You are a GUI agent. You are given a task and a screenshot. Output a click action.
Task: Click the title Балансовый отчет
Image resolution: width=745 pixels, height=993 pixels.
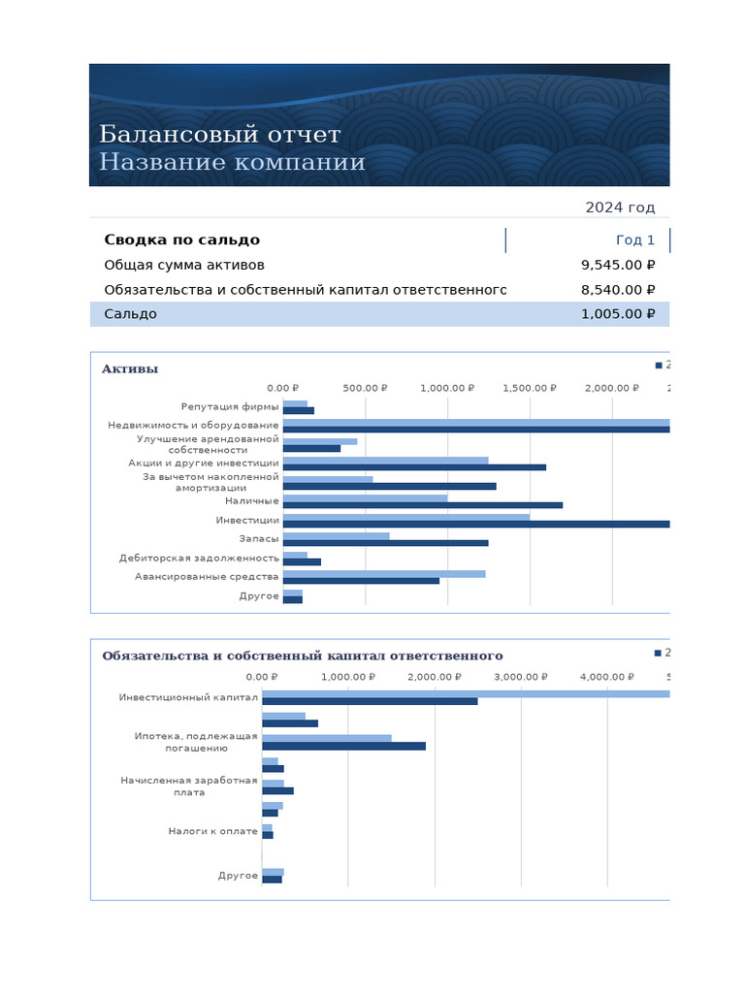tap(219, 134)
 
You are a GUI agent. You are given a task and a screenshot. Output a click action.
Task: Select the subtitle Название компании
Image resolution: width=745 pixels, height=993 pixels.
tap(232, 162)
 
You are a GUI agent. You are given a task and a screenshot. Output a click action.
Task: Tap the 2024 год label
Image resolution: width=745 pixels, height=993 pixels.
tap(620, 208)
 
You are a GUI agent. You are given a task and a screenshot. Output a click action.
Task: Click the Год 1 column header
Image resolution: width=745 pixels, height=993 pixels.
tap(635, 240)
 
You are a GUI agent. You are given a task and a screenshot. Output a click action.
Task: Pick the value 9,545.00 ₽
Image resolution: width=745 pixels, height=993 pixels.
tap(618, 265)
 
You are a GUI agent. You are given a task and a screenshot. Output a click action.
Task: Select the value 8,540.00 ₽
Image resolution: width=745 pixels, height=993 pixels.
tap(618, 289)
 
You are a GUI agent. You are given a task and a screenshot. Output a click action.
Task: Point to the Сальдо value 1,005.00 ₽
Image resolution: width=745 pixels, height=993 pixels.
tap(618, 314)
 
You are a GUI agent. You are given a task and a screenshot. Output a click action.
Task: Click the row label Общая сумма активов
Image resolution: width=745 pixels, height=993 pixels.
tap(184, 265)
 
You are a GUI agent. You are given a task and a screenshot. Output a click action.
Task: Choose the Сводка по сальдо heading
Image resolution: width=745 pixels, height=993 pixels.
tap(181, 240)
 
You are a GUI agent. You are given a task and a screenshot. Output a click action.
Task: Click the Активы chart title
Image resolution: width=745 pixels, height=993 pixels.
tap(130, 368)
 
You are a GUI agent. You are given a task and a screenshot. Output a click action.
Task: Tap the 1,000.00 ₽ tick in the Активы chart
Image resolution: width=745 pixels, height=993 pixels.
tap(447, 388)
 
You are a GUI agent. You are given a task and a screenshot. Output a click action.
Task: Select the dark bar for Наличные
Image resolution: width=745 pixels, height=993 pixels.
tap(422, 505)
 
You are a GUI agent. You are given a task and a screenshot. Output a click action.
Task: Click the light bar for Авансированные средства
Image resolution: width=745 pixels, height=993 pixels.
tap(384, 574)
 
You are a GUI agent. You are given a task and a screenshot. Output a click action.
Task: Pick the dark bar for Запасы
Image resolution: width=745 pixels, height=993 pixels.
tap(385, 543)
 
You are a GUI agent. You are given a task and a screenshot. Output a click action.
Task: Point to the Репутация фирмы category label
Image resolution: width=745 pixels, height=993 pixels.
tap(230, 407)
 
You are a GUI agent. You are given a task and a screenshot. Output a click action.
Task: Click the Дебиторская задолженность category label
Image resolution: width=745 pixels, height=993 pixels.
tap(199, 558)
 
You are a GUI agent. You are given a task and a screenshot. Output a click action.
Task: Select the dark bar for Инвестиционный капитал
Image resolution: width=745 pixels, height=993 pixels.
tap(370, 701)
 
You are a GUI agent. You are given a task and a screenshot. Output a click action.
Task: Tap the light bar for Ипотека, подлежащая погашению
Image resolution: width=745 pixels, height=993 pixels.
tap(327, 738)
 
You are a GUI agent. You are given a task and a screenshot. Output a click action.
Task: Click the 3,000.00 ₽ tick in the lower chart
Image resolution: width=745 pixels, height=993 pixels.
tap(521, 677)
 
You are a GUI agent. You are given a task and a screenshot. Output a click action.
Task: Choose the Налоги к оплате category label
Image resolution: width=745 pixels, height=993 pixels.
tap(213, 831)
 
